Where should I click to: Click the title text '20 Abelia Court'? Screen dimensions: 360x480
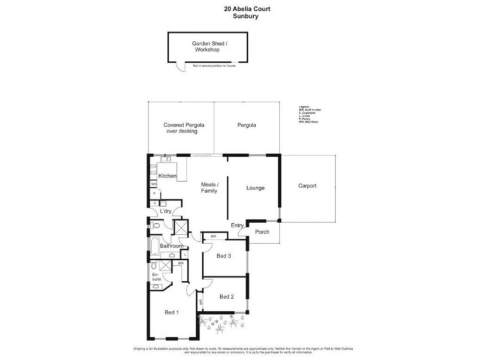click(x=239, y=8)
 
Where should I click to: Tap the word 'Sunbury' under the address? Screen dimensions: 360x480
click(x=239, y=17)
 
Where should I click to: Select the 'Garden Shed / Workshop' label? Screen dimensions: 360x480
click(x=206, y=47)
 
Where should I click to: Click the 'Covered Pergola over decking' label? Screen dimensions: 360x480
click(x=181, y=129)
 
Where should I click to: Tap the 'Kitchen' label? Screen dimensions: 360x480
click(x=167, y=176)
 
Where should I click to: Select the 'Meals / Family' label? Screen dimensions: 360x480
click(x=209, y=187)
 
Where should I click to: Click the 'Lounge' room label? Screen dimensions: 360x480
click(x=256, y=188)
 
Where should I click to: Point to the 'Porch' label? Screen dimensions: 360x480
click(x=262, y=232)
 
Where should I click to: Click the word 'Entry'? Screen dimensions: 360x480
click(x=237, y=226)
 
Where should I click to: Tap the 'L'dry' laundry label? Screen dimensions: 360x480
click(x=166, y=211)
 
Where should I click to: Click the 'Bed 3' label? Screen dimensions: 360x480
click(x=223, y=256)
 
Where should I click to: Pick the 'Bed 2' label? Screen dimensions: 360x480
click(x=226, y=296)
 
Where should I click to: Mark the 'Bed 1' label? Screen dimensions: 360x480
click(x=173, y=312)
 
